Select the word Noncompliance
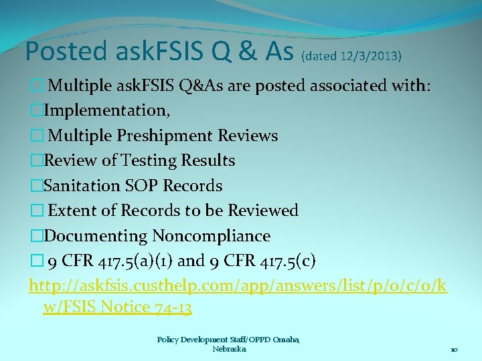click(x=212, y=236)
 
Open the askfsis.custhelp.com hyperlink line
click(x=238, y=286)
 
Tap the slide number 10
click(x=453, y=350)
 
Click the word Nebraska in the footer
click(x=229, y=349)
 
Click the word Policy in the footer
click(x=168, y=340)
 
